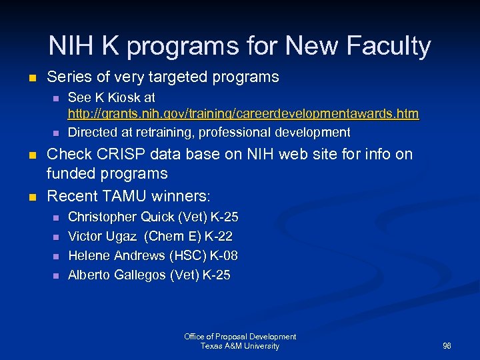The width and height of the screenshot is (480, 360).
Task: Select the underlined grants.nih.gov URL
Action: point(243,114)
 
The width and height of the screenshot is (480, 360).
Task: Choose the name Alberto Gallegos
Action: point(118,275)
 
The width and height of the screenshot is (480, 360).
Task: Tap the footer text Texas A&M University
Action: point(240,346)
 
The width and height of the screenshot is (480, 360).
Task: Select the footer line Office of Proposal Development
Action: point(240,337)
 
